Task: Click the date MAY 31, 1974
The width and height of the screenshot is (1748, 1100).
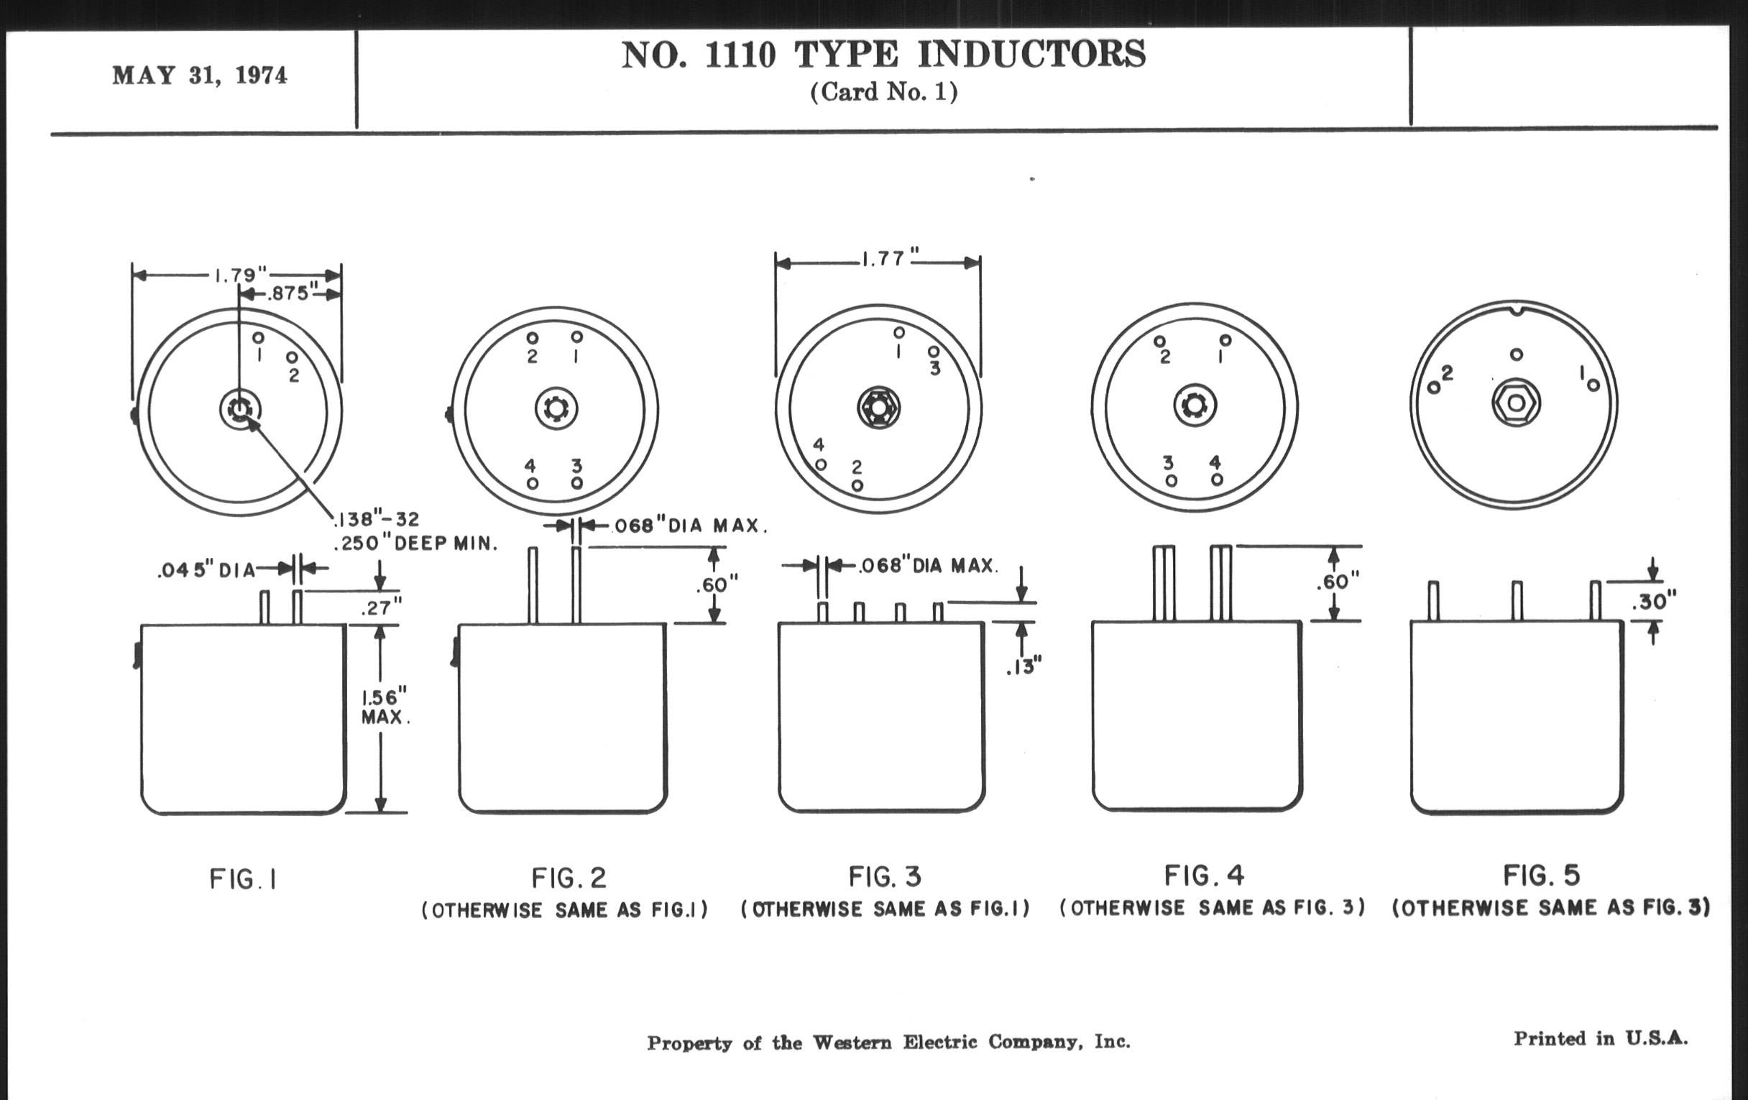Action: [x=200, y=75]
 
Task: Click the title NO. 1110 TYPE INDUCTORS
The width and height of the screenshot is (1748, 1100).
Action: [x=883, y=55]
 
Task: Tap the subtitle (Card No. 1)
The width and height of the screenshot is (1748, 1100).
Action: [x=883, y=92]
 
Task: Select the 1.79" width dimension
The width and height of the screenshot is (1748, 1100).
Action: [x=236, y=275]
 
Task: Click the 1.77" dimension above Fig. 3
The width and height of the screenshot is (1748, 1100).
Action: [x=884, y=260]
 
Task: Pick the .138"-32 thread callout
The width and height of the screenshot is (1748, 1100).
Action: [x=377, y=519]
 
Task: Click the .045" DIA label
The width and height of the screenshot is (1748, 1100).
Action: [x=207, y=571]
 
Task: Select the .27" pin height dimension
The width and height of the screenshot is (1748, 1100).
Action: [x=382, y=608]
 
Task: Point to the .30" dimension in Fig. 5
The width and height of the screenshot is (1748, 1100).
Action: [x=1655, y=602]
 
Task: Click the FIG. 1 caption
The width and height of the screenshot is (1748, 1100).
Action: [x=243, y=879]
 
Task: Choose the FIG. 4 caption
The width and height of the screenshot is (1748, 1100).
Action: [x=1205, y=876]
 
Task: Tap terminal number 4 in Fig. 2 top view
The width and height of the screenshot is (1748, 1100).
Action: [x=530, y=465]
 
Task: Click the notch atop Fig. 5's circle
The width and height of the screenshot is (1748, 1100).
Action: [x=1515, y=311]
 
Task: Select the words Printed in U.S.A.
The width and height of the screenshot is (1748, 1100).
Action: [x=1600, y=1038]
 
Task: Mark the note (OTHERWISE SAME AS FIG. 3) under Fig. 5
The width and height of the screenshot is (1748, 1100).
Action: [x=1550, y=907]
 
